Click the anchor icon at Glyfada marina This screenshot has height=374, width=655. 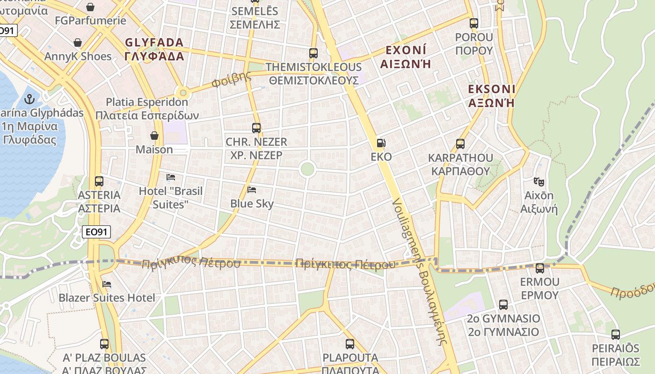[30, 99]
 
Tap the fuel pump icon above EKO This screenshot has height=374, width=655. [381, 143]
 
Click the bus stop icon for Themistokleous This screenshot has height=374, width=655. [313, 53]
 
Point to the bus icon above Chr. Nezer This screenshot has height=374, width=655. [256, 128]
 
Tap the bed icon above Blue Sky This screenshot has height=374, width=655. [252, 190]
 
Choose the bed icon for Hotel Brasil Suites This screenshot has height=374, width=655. [171, 177]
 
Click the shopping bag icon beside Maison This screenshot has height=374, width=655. [154, 136]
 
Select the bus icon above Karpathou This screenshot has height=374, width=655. [460, 144]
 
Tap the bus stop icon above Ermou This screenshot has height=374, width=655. [540, 268]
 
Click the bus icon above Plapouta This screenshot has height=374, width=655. [350, 344]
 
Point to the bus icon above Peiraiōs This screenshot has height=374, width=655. [616, 335]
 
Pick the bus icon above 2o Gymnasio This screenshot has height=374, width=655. [503, 305]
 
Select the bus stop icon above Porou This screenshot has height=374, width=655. [474, 23]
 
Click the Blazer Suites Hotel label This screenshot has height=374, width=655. [107, 298]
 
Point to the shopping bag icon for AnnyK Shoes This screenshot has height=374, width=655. [78, 43]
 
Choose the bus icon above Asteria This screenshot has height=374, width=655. [99, 181]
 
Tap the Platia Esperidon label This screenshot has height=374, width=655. [147, 108]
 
